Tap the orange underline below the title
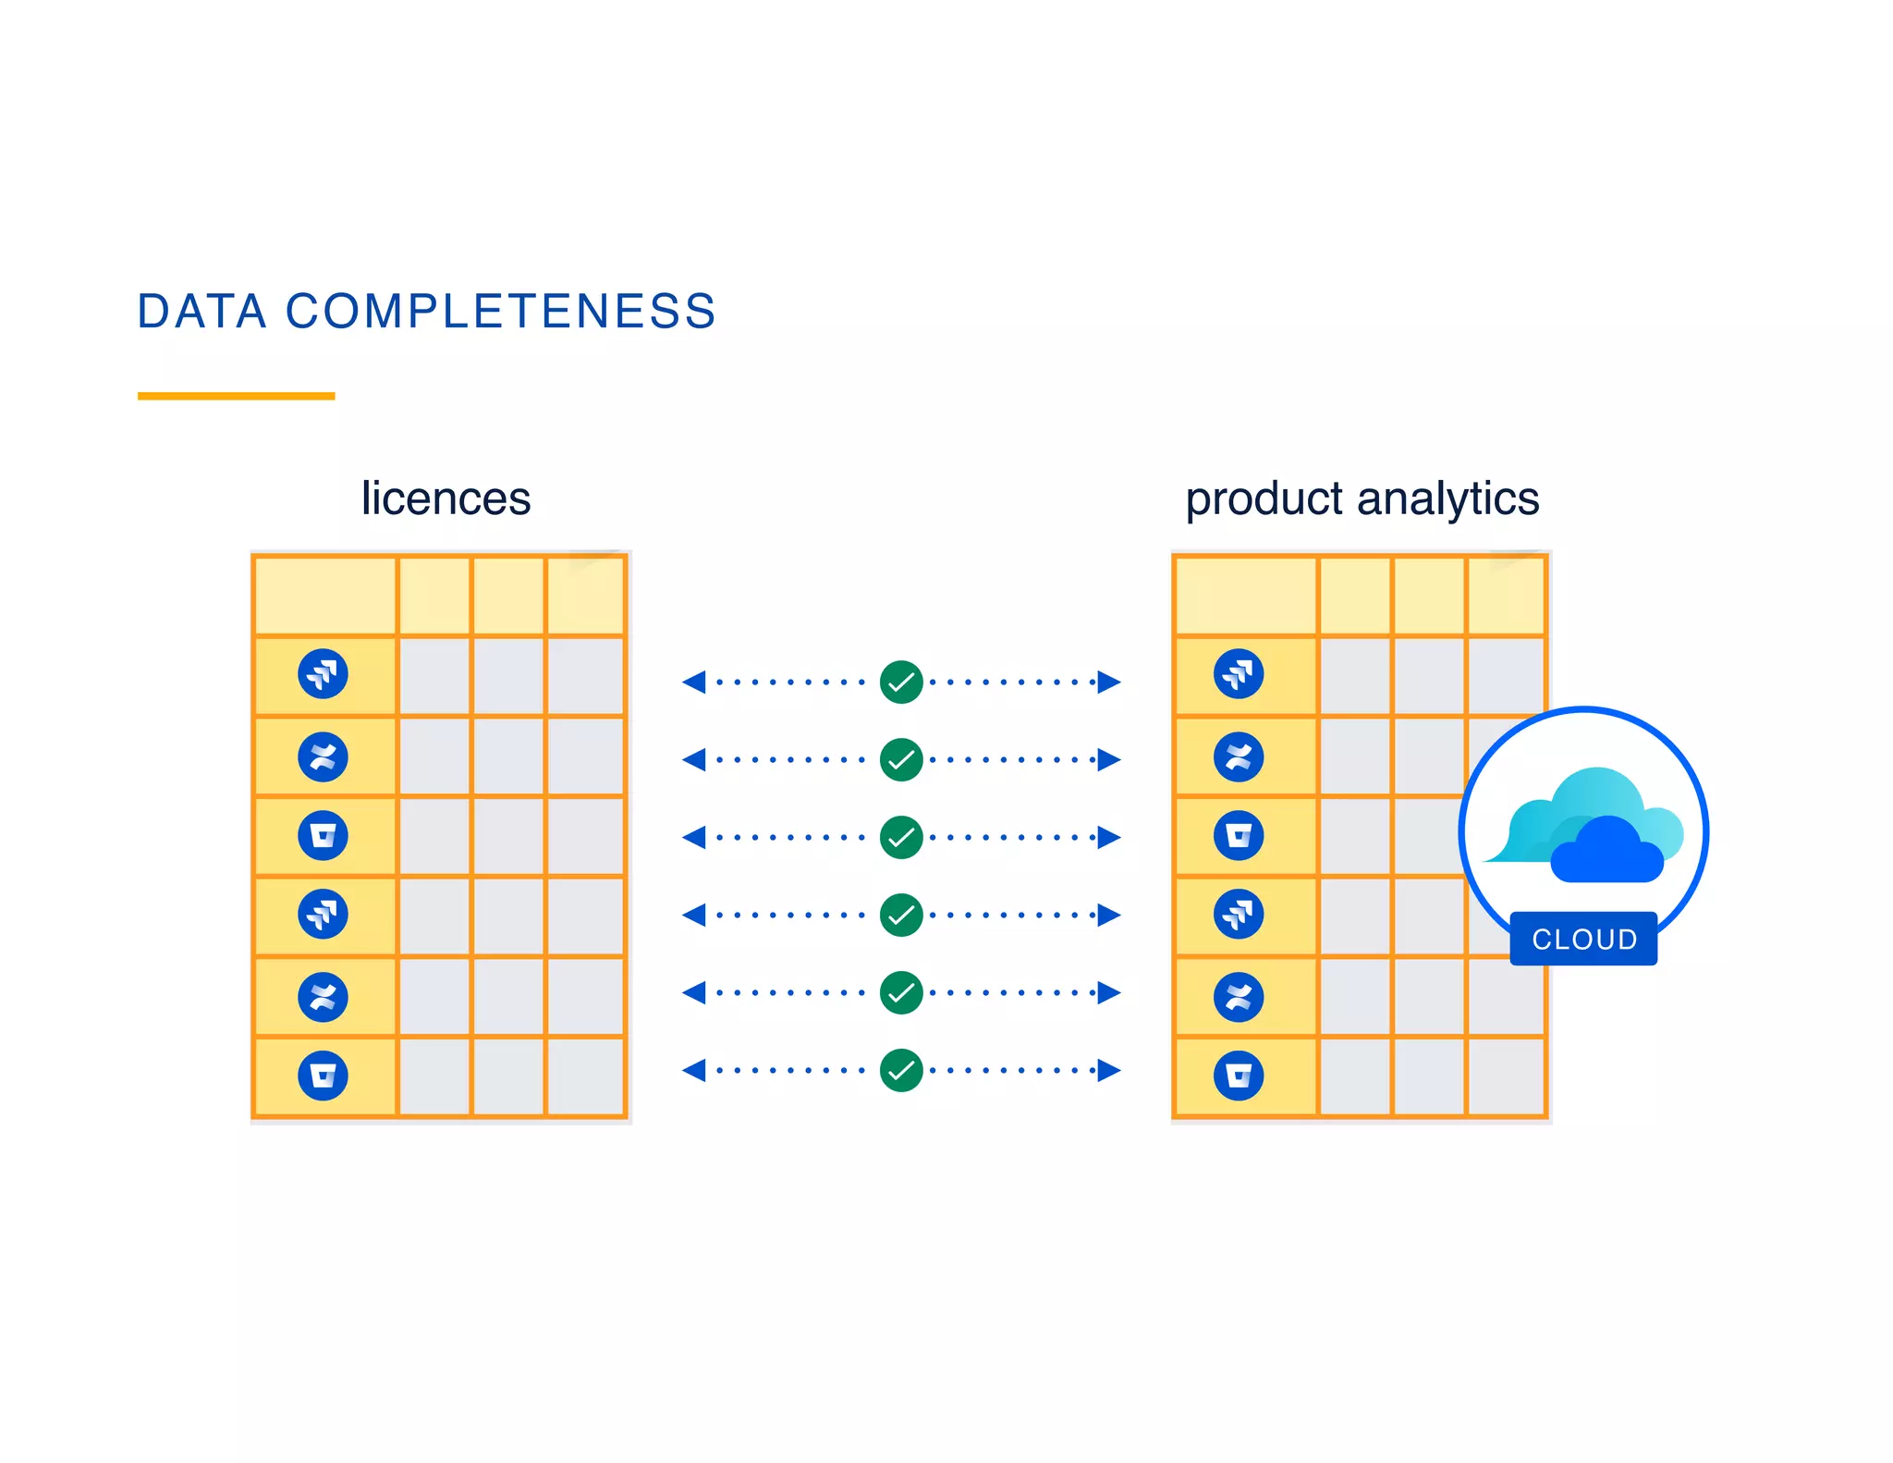pyautogui.click(x=236, y=396)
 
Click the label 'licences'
pyautogui.click(x=446, y=498)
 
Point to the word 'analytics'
pyautogui.click(x=1447, y=498)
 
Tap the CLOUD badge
pyautogui.click(x=1583, y=939)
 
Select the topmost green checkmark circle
pyautogui.click(x=901, y=682)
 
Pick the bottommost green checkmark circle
pyautogui.click(x=901, y=1071)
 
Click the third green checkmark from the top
pyautogui.click(x=901, y=838)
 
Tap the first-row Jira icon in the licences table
pyautogui.click(x=323, y=673)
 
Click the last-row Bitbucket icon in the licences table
pyautogui.click(x=323, y=1076)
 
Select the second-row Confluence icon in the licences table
pyautogui.click(x=323, y=757)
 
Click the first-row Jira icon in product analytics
pyautogui.click(x=1239, y=673)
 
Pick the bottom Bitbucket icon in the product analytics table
pyautogui.click(x=1239, y=1076)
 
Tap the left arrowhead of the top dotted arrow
pyautogui.click(x=694, y=682)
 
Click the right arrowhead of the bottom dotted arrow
pyautogui.click(x=1108, y=1071)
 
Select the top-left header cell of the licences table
pyautogui.click(x=324, y=596)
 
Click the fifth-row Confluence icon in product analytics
pyautogui.click(x=1239, y=997)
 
